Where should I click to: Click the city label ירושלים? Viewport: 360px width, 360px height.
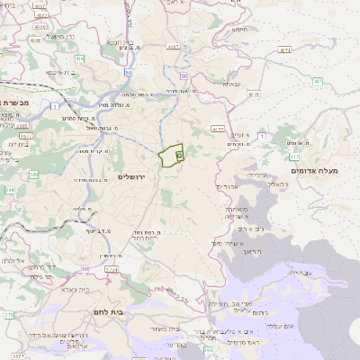point(137,176)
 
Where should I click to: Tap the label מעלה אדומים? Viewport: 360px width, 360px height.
point(313,170)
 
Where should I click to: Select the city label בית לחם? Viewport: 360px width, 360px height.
point(107,311)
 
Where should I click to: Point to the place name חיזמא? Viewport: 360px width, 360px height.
point(238,29)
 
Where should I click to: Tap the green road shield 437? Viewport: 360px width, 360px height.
point(318,81)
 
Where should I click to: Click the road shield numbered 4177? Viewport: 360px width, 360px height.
point(218,130)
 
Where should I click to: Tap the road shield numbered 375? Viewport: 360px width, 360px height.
point(8,315)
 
